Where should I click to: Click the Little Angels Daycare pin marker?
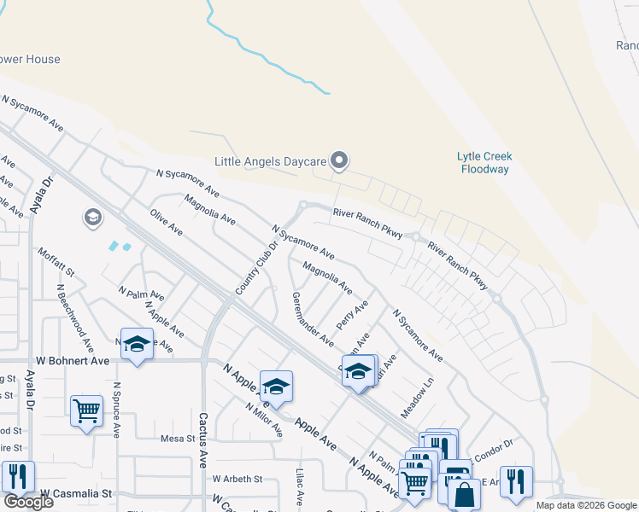pos(339,160)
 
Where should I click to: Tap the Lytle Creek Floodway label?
pos(483,162)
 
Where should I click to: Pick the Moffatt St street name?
pos(57,262)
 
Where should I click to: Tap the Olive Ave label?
pos(167,222)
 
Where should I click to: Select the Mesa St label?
pos(179,439)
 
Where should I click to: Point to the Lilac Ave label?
pos(300,486)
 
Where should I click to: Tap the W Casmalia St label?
pos(77,493)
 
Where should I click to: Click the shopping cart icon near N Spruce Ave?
pos(86,411)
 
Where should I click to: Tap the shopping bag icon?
pos(464,494)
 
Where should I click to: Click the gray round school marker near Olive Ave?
pos(92,218)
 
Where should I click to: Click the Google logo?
pos(28,502)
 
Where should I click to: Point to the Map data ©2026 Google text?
pos(585,505)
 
